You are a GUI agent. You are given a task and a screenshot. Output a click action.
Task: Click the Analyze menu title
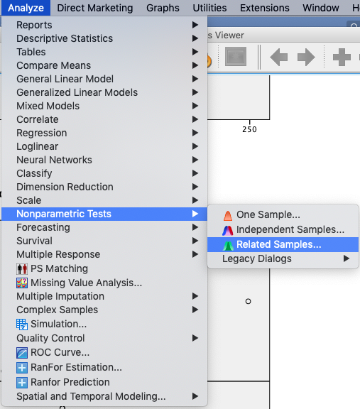tap(26, 8)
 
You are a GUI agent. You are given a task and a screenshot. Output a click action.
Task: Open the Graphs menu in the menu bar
tap(163, 8)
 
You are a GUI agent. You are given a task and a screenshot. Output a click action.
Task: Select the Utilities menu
tap(209, 8)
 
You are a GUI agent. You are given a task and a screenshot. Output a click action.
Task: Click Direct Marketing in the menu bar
tap(95, 8)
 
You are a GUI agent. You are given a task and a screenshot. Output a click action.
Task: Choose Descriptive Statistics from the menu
tap(65, 38)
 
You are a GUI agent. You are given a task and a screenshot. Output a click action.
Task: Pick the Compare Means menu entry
tap(54, 65)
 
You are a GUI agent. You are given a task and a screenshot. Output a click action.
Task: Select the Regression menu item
tap(42, 133)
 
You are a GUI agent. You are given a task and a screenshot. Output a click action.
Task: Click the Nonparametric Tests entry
tap(64, 214)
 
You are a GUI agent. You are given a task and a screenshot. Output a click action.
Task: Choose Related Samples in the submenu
tap(278, 244)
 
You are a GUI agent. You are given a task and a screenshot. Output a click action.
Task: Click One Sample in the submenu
tap(268, 214)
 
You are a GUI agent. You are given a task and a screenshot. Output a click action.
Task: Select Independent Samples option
tap(290, 229)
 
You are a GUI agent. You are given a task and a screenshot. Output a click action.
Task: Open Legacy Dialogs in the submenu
tap(257, 258)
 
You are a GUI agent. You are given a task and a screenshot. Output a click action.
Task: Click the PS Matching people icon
tap(22, 268)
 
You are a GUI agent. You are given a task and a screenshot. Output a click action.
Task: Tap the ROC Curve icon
tap(22, 353)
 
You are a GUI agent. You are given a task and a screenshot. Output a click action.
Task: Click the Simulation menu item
tap(59, 324)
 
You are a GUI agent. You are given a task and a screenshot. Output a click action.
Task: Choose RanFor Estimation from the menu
tap(76, 367)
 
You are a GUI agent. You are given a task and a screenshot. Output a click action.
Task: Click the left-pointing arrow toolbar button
tap(278, 57)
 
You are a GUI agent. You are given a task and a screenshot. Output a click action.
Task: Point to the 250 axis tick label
tap(249, 129)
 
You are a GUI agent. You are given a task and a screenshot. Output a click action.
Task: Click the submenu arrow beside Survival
tap(195, 241)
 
